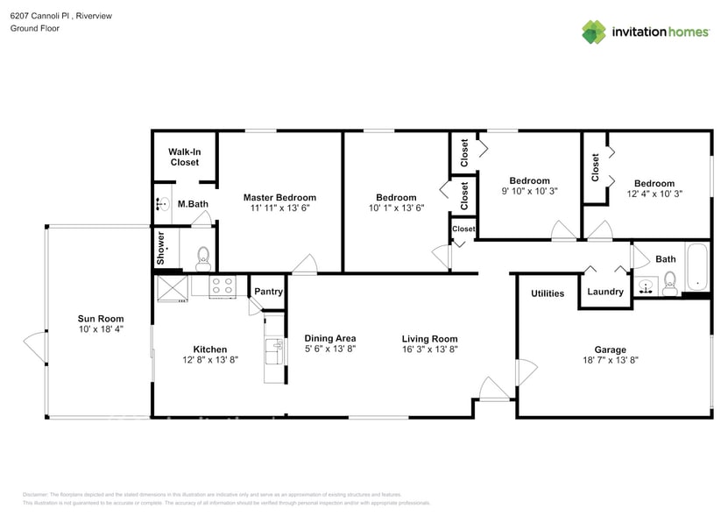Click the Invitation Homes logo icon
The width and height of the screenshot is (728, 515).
[594, 32]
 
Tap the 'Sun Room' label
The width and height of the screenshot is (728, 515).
[101, 319]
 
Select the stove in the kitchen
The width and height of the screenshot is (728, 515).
[223, 286]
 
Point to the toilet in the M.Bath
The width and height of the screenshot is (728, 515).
[203, 257]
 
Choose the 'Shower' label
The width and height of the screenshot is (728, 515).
[161, 249]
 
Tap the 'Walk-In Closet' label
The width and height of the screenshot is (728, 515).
[185, 157]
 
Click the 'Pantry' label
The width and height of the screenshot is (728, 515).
[269, 292]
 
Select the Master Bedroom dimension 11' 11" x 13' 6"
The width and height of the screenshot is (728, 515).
[279, 208]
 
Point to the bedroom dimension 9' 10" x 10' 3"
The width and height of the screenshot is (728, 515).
[529, 191]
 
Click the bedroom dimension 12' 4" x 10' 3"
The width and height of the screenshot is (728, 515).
[654, 194]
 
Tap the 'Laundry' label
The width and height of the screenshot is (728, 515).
[605, 292]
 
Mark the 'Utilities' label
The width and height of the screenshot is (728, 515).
[548, 293]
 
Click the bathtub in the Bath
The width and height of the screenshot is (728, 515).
[696, 268]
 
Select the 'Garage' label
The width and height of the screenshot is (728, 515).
[610, 349]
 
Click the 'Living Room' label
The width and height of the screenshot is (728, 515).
[429, 339]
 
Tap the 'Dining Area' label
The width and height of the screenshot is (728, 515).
[329, 338]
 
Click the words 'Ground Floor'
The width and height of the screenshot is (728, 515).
[34, 28]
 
